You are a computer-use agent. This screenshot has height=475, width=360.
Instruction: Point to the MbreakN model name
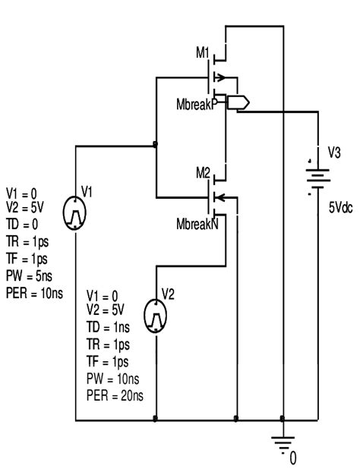tap(196, 225)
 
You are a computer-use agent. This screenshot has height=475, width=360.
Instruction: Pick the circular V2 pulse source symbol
tap(156, 311)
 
